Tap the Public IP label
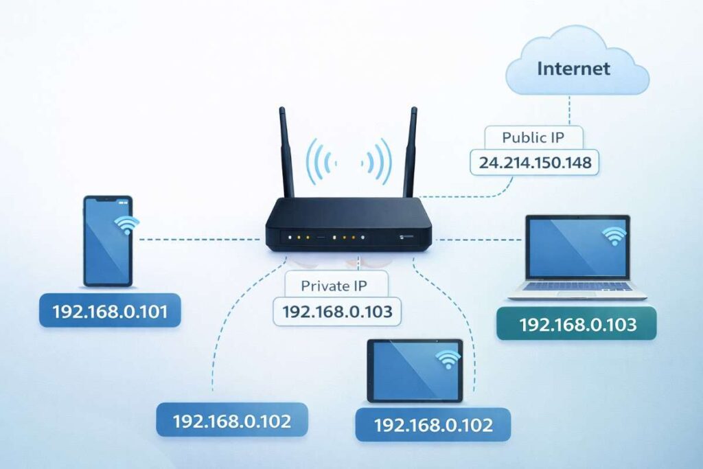(533, 137)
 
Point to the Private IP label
(335, 284)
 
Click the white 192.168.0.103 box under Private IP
(337, 311)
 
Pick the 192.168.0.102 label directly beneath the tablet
(433, 424)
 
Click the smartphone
(108, 240)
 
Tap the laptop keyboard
(577, 286)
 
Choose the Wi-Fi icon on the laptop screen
(613, 236)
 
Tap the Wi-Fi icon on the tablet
(448, 358)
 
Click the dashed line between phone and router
(199, 239)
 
